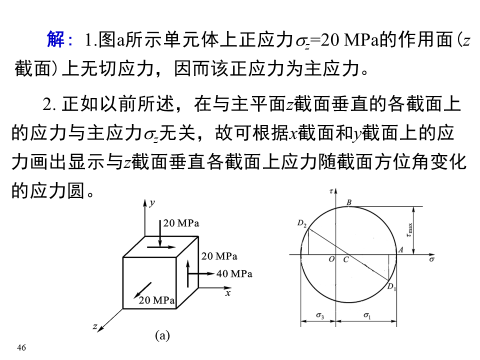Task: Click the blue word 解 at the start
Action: [55, 40]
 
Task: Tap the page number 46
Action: [21, 347]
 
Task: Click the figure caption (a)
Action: [162, 336]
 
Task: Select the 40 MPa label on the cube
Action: [234, 274]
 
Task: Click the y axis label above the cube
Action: [152, 202]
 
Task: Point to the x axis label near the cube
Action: [228, 293]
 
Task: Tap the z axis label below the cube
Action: [94, 326]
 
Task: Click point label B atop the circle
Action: [349, 202]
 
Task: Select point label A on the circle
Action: [400, 249]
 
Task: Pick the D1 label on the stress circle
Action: [391, 286]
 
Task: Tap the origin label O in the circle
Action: [331, 260]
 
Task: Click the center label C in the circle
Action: [345, 260]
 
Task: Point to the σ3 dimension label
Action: [320, 316]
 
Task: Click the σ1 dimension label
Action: [367, 316]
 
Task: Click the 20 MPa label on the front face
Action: [156, 300]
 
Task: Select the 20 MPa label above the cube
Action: [181, 223]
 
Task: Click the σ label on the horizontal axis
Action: [431, 259]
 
